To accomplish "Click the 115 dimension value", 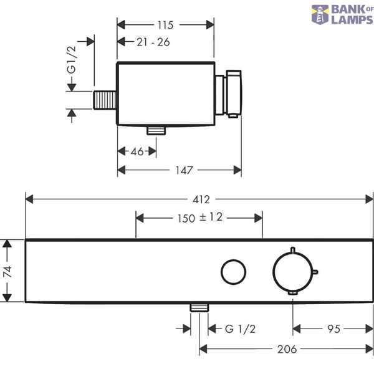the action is coord(165,25).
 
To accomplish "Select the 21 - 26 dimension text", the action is coord(153,42).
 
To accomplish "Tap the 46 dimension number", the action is coord(137,151).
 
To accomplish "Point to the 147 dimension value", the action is coord(184,170).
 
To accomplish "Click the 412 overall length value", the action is coord(201,199).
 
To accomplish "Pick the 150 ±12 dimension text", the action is coord(200,218).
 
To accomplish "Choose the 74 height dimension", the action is coord(7,272).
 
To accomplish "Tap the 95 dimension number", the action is coord(333,329).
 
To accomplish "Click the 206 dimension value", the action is coord(287,350).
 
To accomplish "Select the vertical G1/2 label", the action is coord(71,60).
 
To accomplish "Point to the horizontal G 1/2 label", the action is coord(240,329).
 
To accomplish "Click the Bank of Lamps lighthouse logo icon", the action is coord(320,15).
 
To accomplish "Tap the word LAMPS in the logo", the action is coord(352,19).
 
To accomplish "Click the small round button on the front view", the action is coord(234,272).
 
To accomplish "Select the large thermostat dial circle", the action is coord(293,272).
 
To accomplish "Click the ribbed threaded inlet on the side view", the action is coord(105,100).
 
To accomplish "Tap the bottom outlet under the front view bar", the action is coord(199,308).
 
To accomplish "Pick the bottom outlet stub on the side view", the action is coord(156,130).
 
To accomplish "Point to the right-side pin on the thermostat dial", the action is coord(315,272).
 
